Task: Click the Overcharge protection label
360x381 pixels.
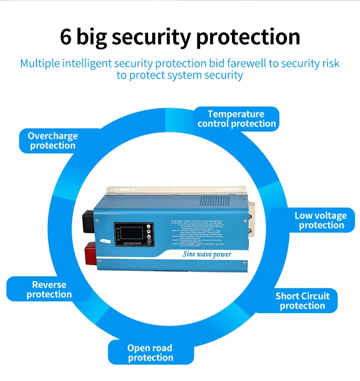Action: [x=52, y=141]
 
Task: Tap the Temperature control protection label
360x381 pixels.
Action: [x=237, y=119]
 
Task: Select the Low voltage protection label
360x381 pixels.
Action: [x=320, y=220]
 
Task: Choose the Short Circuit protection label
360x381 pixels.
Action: [x=302, y=301]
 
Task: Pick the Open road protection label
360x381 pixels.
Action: [x=150, y=353]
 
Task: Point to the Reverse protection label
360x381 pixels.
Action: [x=49, y=290]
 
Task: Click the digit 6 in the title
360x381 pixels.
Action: [x=66, y=37]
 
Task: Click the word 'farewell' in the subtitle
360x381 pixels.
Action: [x=242, y=63]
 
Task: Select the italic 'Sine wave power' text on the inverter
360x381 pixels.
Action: [x=207, y=254]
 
